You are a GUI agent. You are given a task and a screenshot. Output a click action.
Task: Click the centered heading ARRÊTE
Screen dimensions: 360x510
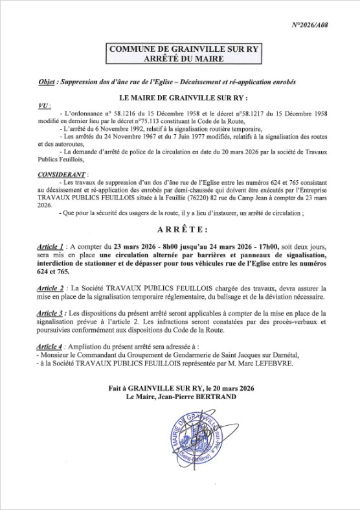[x=180, y=230]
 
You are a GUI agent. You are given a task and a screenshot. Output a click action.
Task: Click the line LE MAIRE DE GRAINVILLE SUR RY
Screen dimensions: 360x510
[x=180, y=97]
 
